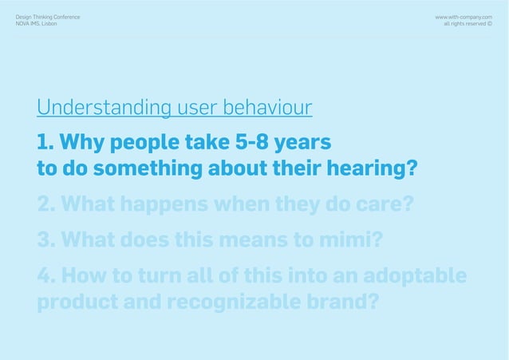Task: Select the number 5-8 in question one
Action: [x=253, y=144]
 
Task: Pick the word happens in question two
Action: [x=166, y=205]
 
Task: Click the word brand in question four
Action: [x=339, y=304]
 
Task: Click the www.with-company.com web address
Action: [x=463, y=16]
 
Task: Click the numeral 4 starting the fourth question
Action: [x=44, y=276]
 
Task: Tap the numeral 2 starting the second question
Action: [x=44, y=205]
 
